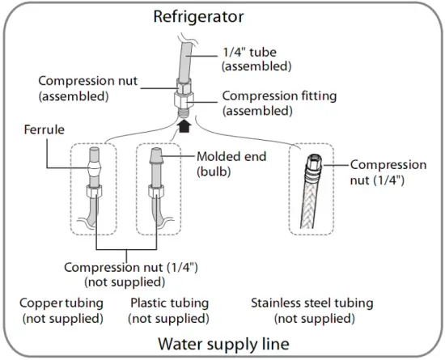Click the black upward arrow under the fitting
pyautogui.click(x=185, y=126)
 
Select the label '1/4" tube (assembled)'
pyautogui.click(x=256, y=59)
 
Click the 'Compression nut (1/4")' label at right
pyautogui.click(x=388, y=172)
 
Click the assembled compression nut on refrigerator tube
pyautogui.click(x=184, y=87)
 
